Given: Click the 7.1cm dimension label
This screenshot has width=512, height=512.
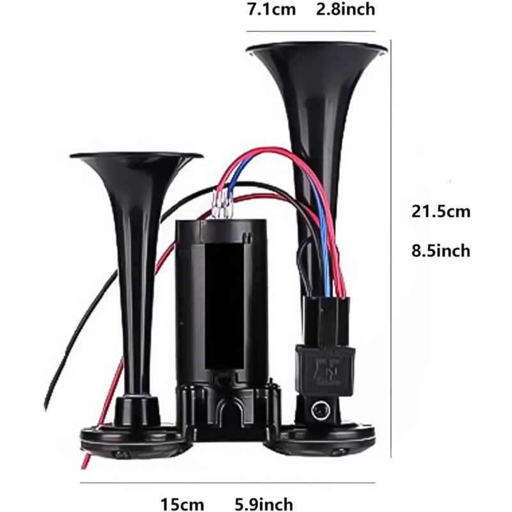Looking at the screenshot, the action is tap(271, 9).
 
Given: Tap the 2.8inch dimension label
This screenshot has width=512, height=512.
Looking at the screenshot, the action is tap(346, 9).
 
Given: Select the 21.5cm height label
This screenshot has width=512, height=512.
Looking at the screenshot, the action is tap(441, 211).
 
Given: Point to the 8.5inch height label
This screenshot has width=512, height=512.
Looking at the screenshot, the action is tap(441, 251).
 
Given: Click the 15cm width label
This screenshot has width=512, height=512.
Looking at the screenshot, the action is tap(182, 504).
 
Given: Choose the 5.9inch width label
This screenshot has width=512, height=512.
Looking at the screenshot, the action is tap(264, 504).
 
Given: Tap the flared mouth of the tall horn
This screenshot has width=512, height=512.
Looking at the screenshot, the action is tap(317, 49).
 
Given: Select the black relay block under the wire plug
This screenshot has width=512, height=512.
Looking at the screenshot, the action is tap(325, 371).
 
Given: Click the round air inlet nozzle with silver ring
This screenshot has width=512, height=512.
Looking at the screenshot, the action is tap(320, 410).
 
